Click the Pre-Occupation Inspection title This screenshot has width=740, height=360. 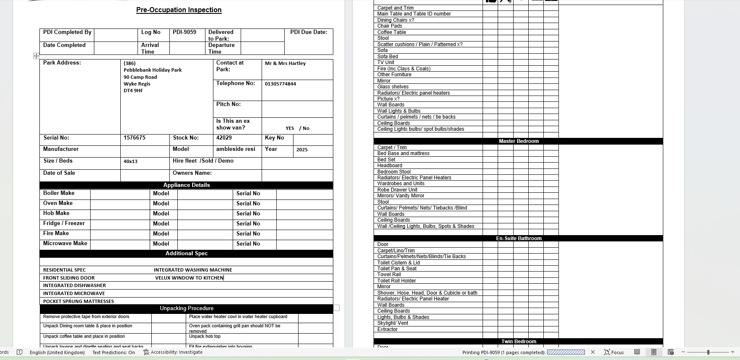179,10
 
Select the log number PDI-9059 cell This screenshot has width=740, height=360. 184,32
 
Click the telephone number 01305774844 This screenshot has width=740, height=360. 280,84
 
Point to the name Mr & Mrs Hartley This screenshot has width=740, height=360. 285,63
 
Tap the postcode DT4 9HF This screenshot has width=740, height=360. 133,91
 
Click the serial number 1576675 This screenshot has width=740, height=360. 135,138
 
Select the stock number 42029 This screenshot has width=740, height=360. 224,138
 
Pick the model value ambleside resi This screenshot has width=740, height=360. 236,149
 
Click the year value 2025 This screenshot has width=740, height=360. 302,150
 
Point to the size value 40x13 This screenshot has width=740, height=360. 130,161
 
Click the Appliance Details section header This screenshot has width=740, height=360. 187,185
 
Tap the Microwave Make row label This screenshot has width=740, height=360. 65,243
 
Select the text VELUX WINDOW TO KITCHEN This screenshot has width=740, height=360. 189,278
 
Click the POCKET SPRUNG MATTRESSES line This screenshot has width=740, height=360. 78,301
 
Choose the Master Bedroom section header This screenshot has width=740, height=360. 519,141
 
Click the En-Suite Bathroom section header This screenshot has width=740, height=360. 519,238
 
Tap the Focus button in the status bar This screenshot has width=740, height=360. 614,352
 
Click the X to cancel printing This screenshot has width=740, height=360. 593,352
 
